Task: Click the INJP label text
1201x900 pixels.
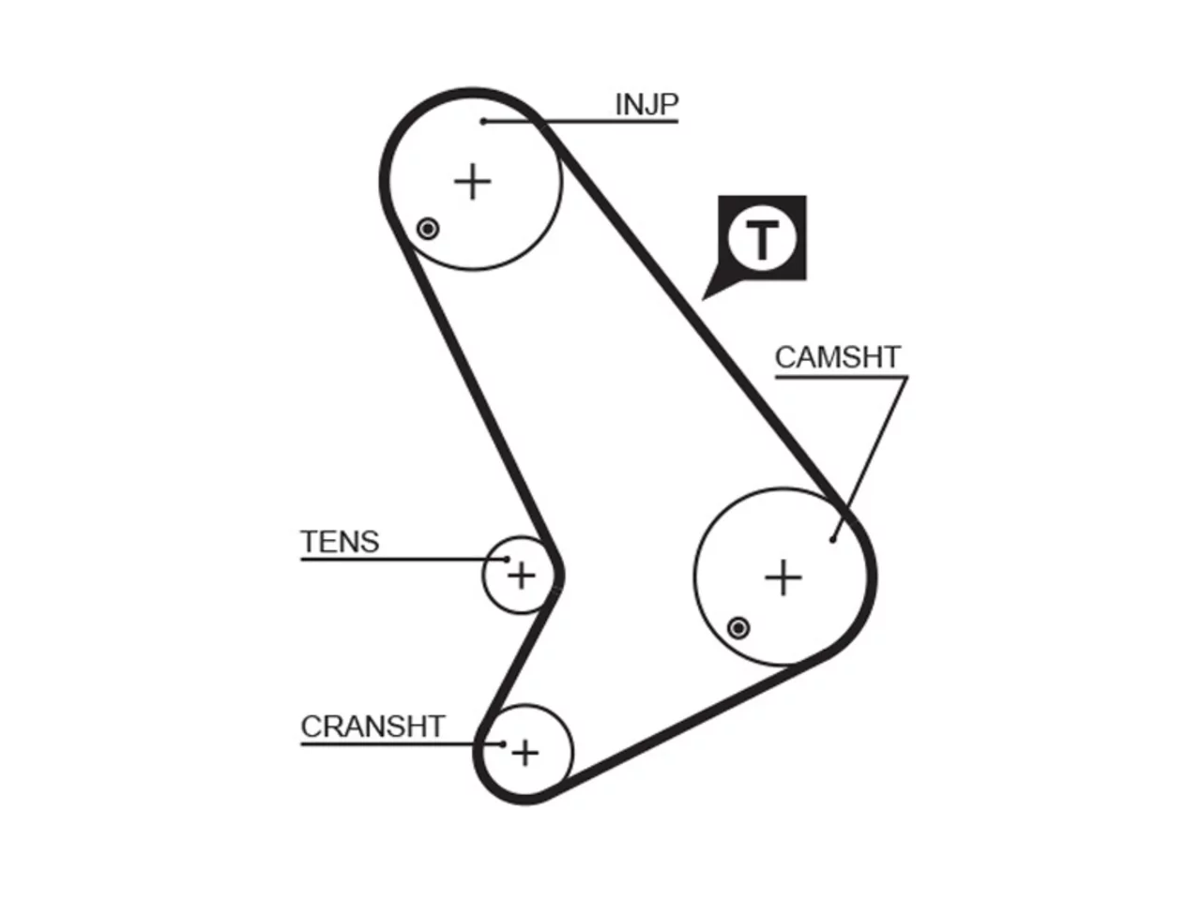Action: click(x=646, y=104)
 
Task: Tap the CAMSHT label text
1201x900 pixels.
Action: click(x=837, y=357)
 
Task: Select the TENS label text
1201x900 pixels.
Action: click(x=340, y=542)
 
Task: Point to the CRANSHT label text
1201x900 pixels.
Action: click(x=372, y=727)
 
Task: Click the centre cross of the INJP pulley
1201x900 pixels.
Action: click(x=473, y=182)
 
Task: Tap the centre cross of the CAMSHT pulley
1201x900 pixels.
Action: click(x=783, y=577)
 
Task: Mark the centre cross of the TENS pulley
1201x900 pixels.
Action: click(x=522, y=576)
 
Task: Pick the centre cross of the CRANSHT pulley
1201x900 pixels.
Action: click(x=525, y=754)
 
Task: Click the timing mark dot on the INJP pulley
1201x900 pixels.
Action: click(x=428, y=229)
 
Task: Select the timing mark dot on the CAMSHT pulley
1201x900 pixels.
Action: click(x=738, y=628)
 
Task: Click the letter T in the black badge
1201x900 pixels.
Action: click(x=762, y=240)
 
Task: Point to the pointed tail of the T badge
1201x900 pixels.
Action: click(x=703, y=299)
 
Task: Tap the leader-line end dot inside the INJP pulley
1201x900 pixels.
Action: click(x=483, y=121)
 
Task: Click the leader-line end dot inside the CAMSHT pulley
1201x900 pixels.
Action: click(x=833, y=540)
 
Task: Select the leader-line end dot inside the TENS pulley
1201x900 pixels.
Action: click(x=507, y=559)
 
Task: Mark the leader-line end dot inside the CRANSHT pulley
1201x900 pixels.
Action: click(x=503, y=743)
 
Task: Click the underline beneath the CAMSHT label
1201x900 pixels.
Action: click(x=842, y=377)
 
